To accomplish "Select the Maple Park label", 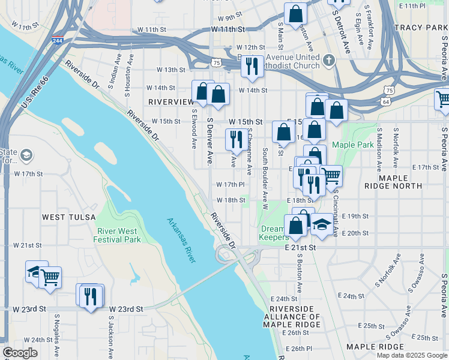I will [x=352, y=145].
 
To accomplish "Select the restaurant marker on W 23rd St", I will [x=91, y=296].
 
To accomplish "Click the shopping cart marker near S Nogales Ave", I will [x=50, y=277].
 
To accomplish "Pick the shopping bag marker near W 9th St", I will [x=295, y=13].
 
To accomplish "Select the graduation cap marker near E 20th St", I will [x=322, y=225].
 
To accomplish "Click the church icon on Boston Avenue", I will [x=328, y=61].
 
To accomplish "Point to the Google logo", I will [x=20, y=353].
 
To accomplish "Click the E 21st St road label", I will [x=301, y=247].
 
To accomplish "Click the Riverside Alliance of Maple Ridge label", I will [x=292, y=316].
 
